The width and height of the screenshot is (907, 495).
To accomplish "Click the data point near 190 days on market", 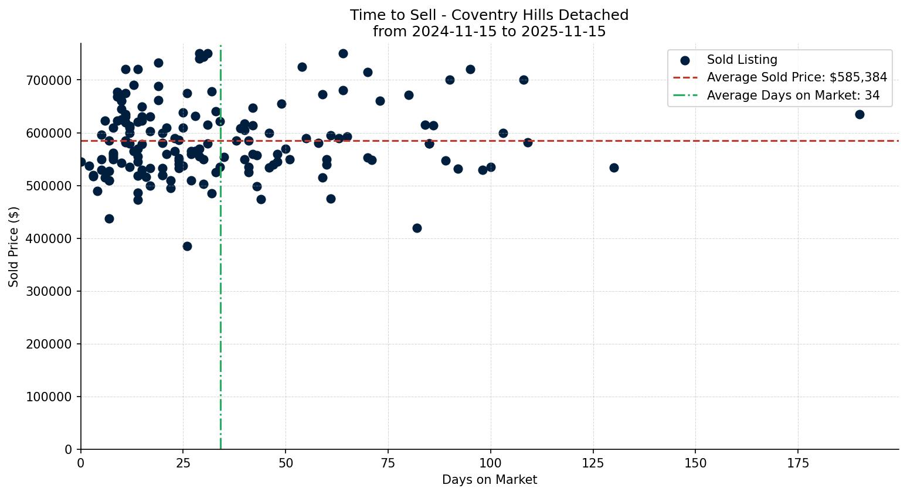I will [x=860, y=114].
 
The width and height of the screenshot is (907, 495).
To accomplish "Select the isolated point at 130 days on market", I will [x=614, y=168].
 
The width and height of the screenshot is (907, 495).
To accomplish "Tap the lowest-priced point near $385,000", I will [x=187, y=246].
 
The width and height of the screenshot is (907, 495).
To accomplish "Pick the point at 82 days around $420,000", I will [x=417, y=228].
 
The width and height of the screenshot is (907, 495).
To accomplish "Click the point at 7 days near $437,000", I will [x=109, y=219].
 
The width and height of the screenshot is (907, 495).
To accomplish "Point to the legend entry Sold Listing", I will [x=742, y=60].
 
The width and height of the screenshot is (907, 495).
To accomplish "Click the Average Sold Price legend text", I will [x=797, y=77].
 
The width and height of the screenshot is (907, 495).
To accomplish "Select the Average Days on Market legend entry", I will [x=793, y=95].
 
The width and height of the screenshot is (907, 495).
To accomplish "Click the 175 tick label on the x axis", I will [x=798, y=464].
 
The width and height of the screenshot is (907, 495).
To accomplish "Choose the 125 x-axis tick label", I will [x=593, y=464].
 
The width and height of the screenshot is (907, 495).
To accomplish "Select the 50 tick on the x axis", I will [x=286, y=464].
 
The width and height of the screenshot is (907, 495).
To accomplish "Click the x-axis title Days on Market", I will [x=490, y=480].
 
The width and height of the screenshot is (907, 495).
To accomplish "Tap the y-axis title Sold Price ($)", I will [x=14, y=247].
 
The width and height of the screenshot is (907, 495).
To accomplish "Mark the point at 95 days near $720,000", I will [x=470, y=69].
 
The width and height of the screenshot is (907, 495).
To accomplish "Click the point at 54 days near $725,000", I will [x=302, y=67].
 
